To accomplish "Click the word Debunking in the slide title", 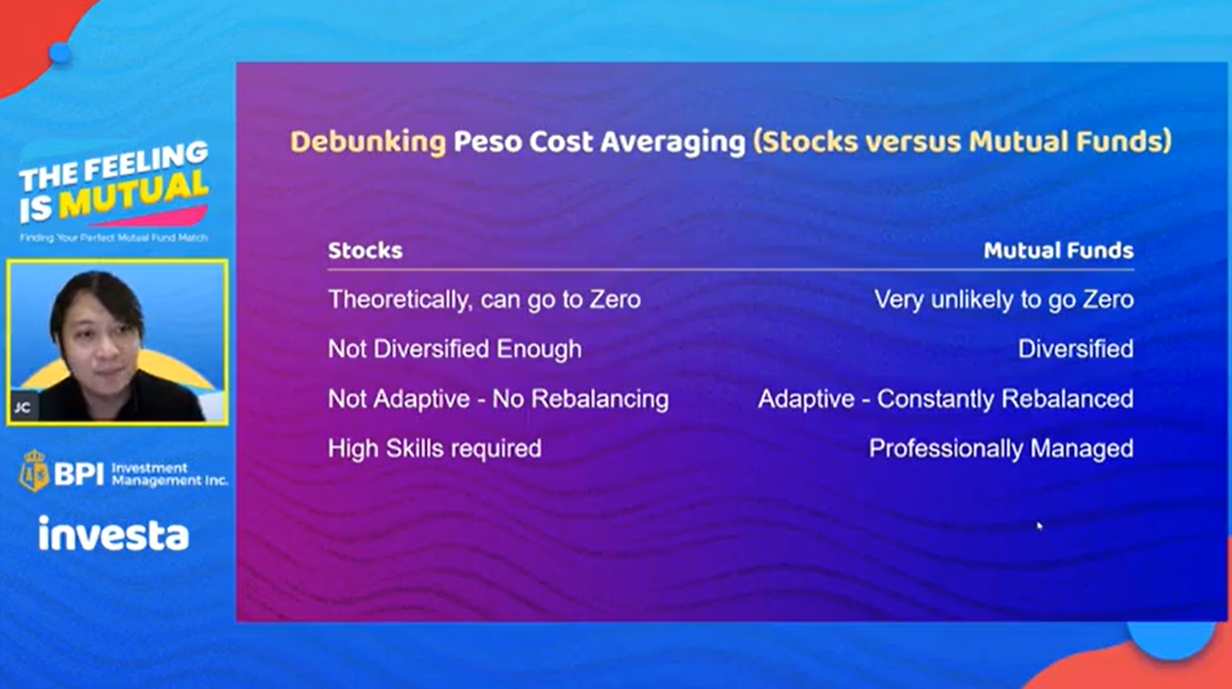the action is tap(367, 142).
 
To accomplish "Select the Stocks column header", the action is tap(366, 250).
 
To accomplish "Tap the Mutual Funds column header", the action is tap(1059, 250).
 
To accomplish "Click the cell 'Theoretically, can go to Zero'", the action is tap(485, 300).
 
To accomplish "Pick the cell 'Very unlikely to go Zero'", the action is tap(1004, 300).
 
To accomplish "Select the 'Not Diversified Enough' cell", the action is tap(455, 350).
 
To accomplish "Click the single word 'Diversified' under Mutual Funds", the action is tap(1076, 350).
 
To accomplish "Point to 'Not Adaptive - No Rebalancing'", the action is tap(498, 399).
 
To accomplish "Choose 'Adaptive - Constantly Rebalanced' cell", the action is tap(946, 399).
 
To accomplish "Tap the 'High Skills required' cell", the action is tap(434, 449).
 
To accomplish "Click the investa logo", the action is tap(113, 534).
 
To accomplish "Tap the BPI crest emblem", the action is tap(34, 471).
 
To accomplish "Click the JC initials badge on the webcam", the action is tap(23, 408).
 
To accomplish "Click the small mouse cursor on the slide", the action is tap(1039, 526).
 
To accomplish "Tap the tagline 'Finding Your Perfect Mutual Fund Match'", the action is tap(113, 238).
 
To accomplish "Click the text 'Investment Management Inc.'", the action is tap(170, 475).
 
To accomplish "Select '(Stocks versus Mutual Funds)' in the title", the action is tap(962, 142).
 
